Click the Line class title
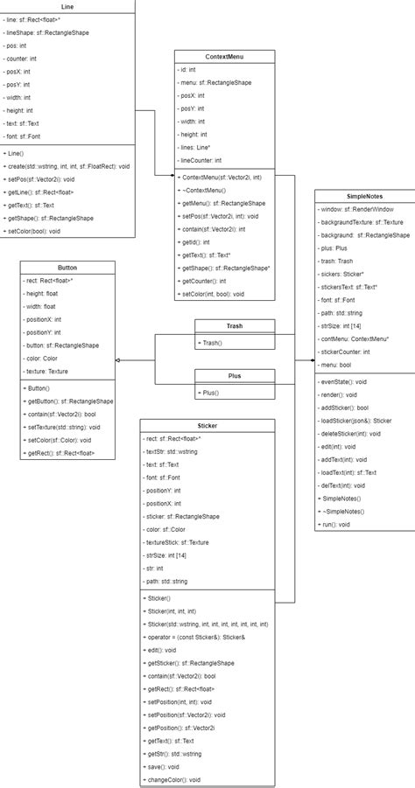[67, 6]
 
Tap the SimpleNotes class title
[362, 198]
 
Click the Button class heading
[67, 266]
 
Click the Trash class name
[235, 326]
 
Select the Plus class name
[235, 376]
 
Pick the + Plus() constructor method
[211, 393]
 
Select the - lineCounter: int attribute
[199, 161]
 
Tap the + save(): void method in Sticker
[166, 766]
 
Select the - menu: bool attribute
[337, 365]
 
